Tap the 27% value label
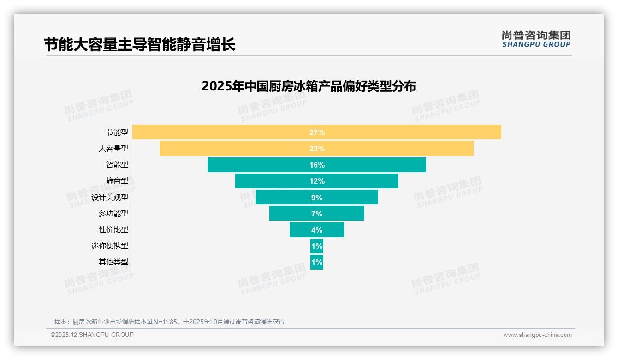(x=317, y=132)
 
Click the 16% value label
(x=317, y=165)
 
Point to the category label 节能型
(x=117, y=132)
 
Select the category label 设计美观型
(x=110, y=197)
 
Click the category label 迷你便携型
(x=110, y=246)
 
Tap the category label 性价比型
(x=113, y=229)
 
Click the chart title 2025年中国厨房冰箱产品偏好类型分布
(x=309, y=86)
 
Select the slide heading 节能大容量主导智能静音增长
(x=140, y=45)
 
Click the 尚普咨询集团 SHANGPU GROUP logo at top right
(x=536, y=39)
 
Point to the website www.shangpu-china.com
(x=537, y=335)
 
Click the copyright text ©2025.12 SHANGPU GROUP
(x=92, y=335)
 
